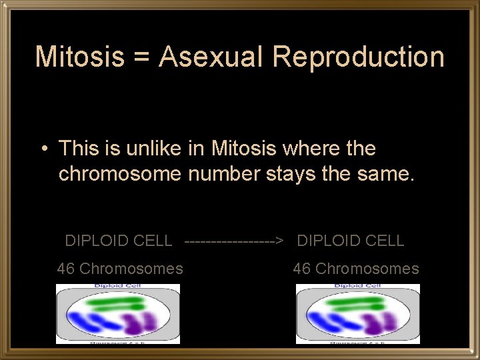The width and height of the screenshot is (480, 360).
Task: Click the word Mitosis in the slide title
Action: pyautogui.click(x=79, y=57)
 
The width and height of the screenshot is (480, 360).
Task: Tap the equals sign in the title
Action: pyautogui.click(x=141, y=58)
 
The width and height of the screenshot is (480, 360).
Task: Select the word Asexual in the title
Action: pyautogui.click(x=211, y=57)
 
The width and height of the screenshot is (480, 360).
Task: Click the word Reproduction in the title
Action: pyautogui.click(x=358, y=58)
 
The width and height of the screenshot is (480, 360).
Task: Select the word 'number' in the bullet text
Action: pyautogui.click(x=224, y=174)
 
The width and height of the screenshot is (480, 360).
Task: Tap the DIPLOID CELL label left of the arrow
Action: pyautogui.click(x=118, y=241)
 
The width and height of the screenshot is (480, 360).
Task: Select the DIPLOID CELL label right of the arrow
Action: pyautogui.click(x=351, y=241)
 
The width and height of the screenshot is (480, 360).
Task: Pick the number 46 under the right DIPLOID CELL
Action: pyautogui.click(x=302, y=269)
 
